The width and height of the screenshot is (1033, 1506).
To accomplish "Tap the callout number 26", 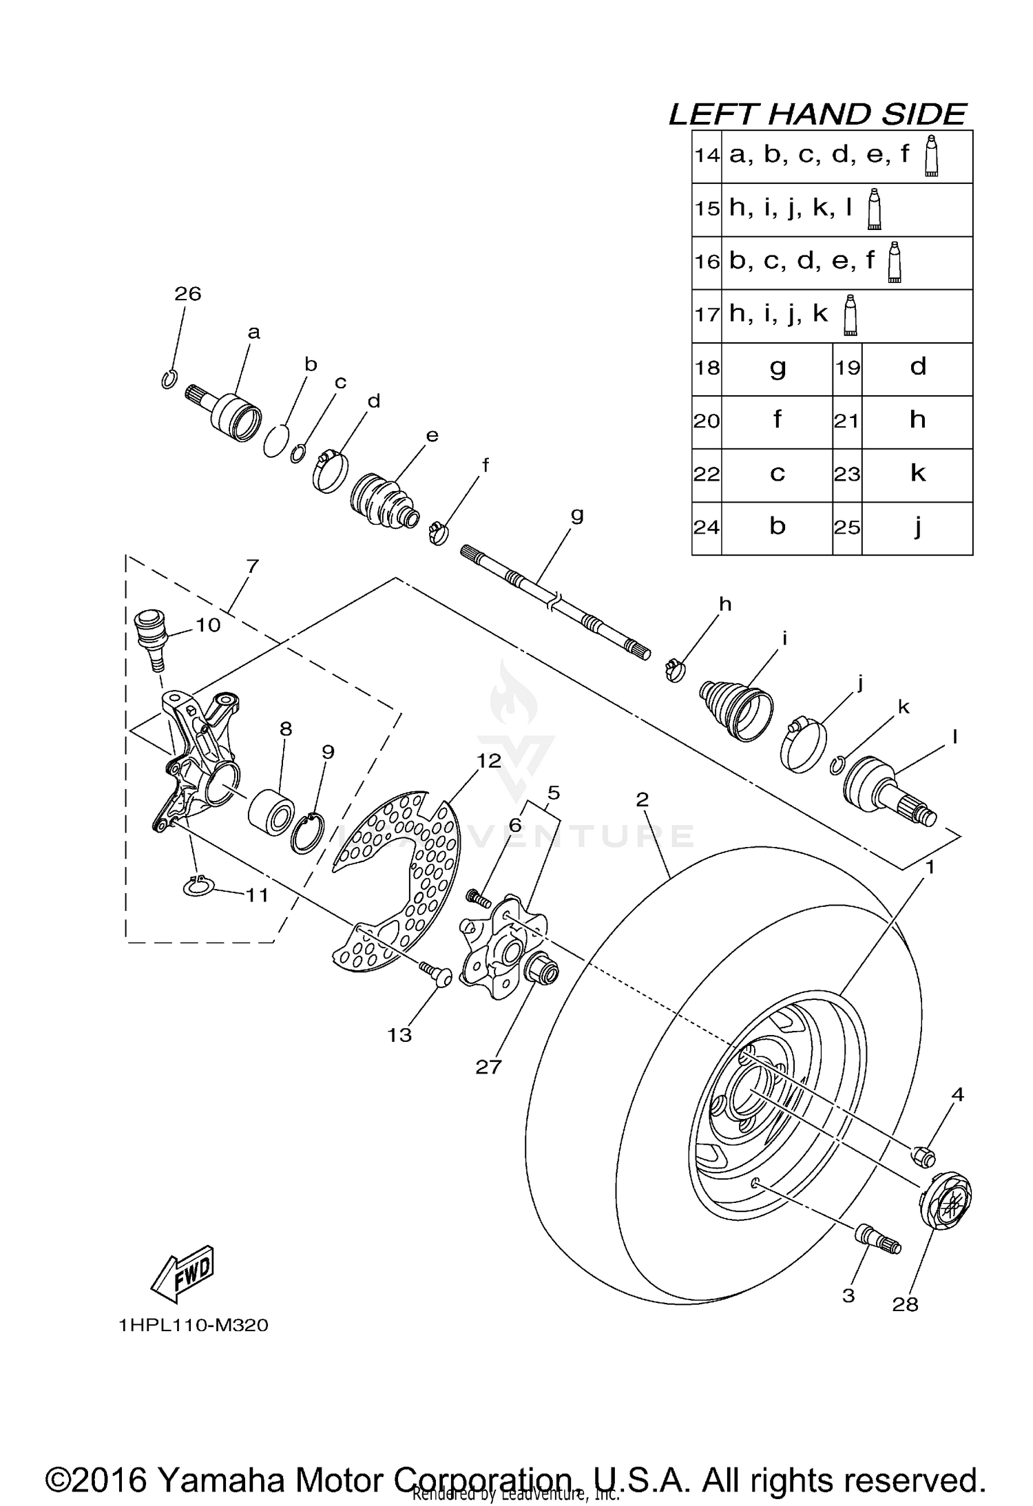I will (x=187, y=294).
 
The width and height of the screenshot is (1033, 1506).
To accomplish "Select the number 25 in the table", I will (x=847, y=528).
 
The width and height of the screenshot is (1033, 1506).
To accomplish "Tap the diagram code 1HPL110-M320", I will (x=194, y=1325).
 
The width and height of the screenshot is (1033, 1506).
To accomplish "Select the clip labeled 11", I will (x=199, y=887).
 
